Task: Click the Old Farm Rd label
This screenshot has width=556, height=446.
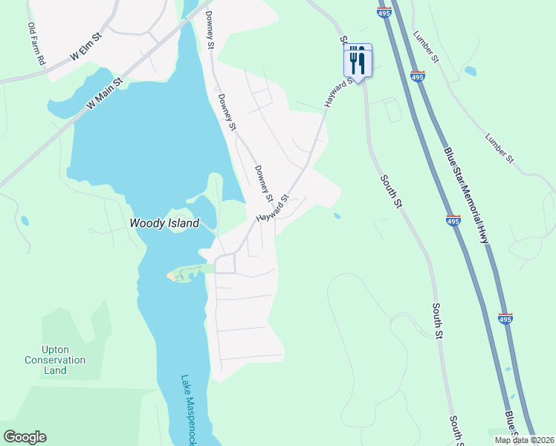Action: point(36,43)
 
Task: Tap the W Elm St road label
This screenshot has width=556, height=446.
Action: point(85,47)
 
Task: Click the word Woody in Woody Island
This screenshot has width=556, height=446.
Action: point(146,223)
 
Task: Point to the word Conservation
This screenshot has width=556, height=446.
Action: point(55,361)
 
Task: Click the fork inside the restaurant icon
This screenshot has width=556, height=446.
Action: point(353,59)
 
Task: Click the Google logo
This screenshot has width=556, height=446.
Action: point(25,437)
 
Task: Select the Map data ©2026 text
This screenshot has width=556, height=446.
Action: point(523,440)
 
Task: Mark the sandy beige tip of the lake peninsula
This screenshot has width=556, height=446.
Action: point(175,276)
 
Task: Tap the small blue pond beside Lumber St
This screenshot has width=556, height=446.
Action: point(471,71)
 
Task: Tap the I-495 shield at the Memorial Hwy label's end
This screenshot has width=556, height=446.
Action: point(505,319)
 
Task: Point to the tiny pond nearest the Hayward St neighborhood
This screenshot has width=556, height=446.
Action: point(337,216)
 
